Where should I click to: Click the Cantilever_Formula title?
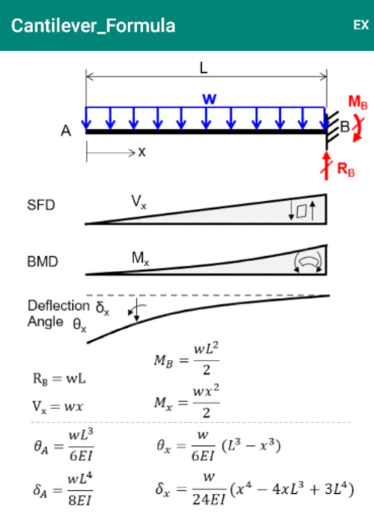click(x=93, y=26)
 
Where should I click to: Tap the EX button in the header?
click(x=361, y=26)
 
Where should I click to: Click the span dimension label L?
click(x=203, y=69)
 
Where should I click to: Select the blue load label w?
click(x=209, y=98)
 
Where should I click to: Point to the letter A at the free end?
click(x=67, y=131)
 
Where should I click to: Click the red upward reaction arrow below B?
click(x=327, y=164)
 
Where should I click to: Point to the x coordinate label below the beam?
click(x=142, y=152)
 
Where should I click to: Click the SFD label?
click(x=41, y=205)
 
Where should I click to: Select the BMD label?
click(x=43, y=262)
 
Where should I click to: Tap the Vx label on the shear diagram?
click(x=139, y=201)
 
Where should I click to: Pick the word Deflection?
click(x=59, y=306)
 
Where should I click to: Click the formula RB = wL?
click(x=59, y=378)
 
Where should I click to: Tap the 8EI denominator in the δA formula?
click(x=80, y=501)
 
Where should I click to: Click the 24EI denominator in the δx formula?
click(x=208, y=501)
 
